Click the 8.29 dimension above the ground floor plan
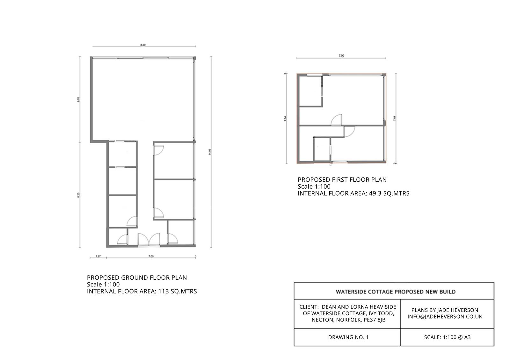(x=143, y=45)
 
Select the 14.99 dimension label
(x=209, y=152)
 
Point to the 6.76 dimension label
(x=78, y=99)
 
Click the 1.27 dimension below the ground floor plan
(x=98, y=256)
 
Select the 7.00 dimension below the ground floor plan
(x=151, y=256)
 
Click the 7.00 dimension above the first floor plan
(x=341, y=56)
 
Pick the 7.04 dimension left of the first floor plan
(x=285, y=119)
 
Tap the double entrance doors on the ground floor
(x=149, y=240)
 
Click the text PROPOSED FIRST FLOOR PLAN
(x=342, y=180)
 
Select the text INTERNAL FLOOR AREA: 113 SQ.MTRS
(x=142, y=291)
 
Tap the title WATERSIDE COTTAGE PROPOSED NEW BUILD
(x=396, y=292)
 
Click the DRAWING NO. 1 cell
(x=348, y=337)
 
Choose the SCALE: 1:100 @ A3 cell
(x=447, y=337)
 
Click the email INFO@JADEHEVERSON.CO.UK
(x=445, y=317)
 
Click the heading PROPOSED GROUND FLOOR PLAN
(x=137, y=277)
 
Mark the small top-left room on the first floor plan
(x=310, y=90)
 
